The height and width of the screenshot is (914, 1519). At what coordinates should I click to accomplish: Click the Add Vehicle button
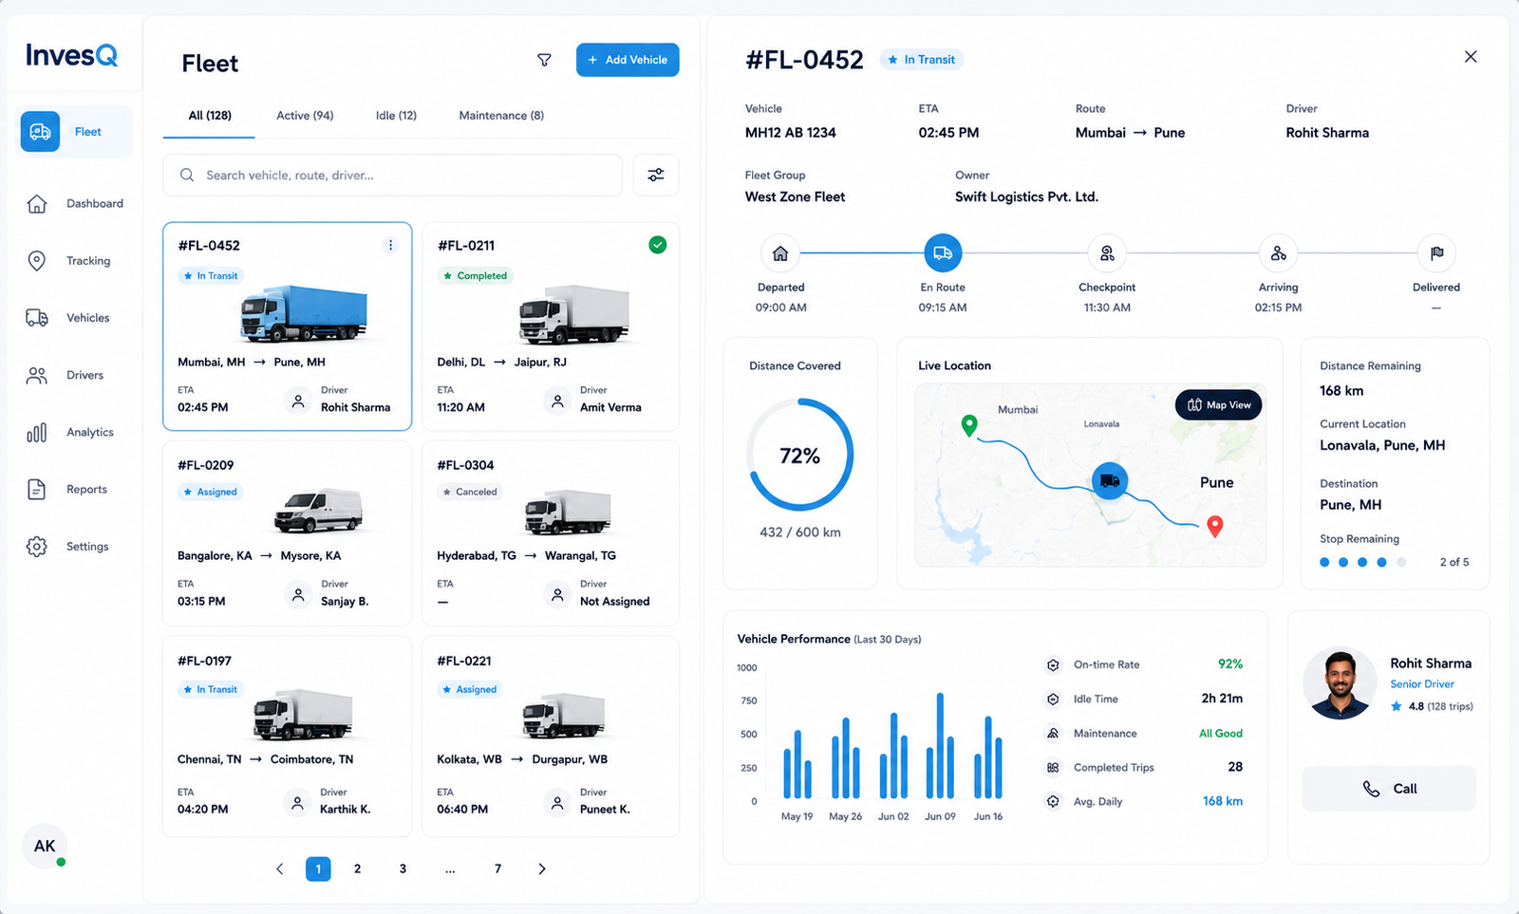628,60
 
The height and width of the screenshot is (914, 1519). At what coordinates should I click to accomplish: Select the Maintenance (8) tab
501,115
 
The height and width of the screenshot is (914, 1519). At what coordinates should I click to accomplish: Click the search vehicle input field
392,175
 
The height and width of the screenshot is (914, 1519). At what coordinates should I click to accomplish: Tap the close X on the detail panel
1471,57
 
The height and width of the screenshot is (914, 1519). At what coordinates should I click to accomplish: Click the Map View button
1218,404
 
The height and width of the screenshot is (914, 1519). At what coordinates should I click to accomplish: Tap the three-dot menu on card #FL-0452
390,245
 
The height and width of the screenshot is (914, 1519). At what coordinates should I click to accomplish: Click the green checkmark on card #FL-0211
657,245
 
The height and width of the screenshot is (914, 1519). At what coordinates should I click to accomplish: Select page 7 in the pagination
497,868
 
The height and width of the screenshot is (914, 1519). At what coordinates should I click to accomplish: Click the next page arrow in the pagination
542,868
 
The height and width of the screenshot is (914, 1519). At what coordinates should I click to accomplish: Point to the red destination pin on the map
1215,526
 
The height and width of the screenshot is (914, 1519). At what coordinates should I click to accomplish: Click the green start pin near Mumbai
969,425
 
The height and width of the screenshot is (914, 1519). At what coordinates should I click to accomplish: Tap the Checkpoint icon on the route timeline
1107,252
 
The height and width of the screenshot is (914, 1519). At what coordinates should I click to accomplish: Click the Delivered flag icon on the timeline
1436,252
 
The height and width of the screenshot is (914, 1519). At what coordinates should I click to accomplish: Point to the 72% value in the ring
800,456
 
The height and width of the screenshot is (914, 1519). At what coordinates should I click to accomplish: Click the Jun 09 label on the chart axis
940,816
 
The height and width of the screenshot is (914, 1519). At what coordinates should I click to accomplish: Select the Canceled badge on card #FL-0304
470,492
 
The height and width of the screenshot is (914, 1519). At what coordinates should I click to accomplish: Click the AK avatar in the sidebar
45,846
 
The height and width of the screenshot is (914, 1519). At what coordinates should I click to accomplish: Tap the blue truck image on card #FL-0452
304,312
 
